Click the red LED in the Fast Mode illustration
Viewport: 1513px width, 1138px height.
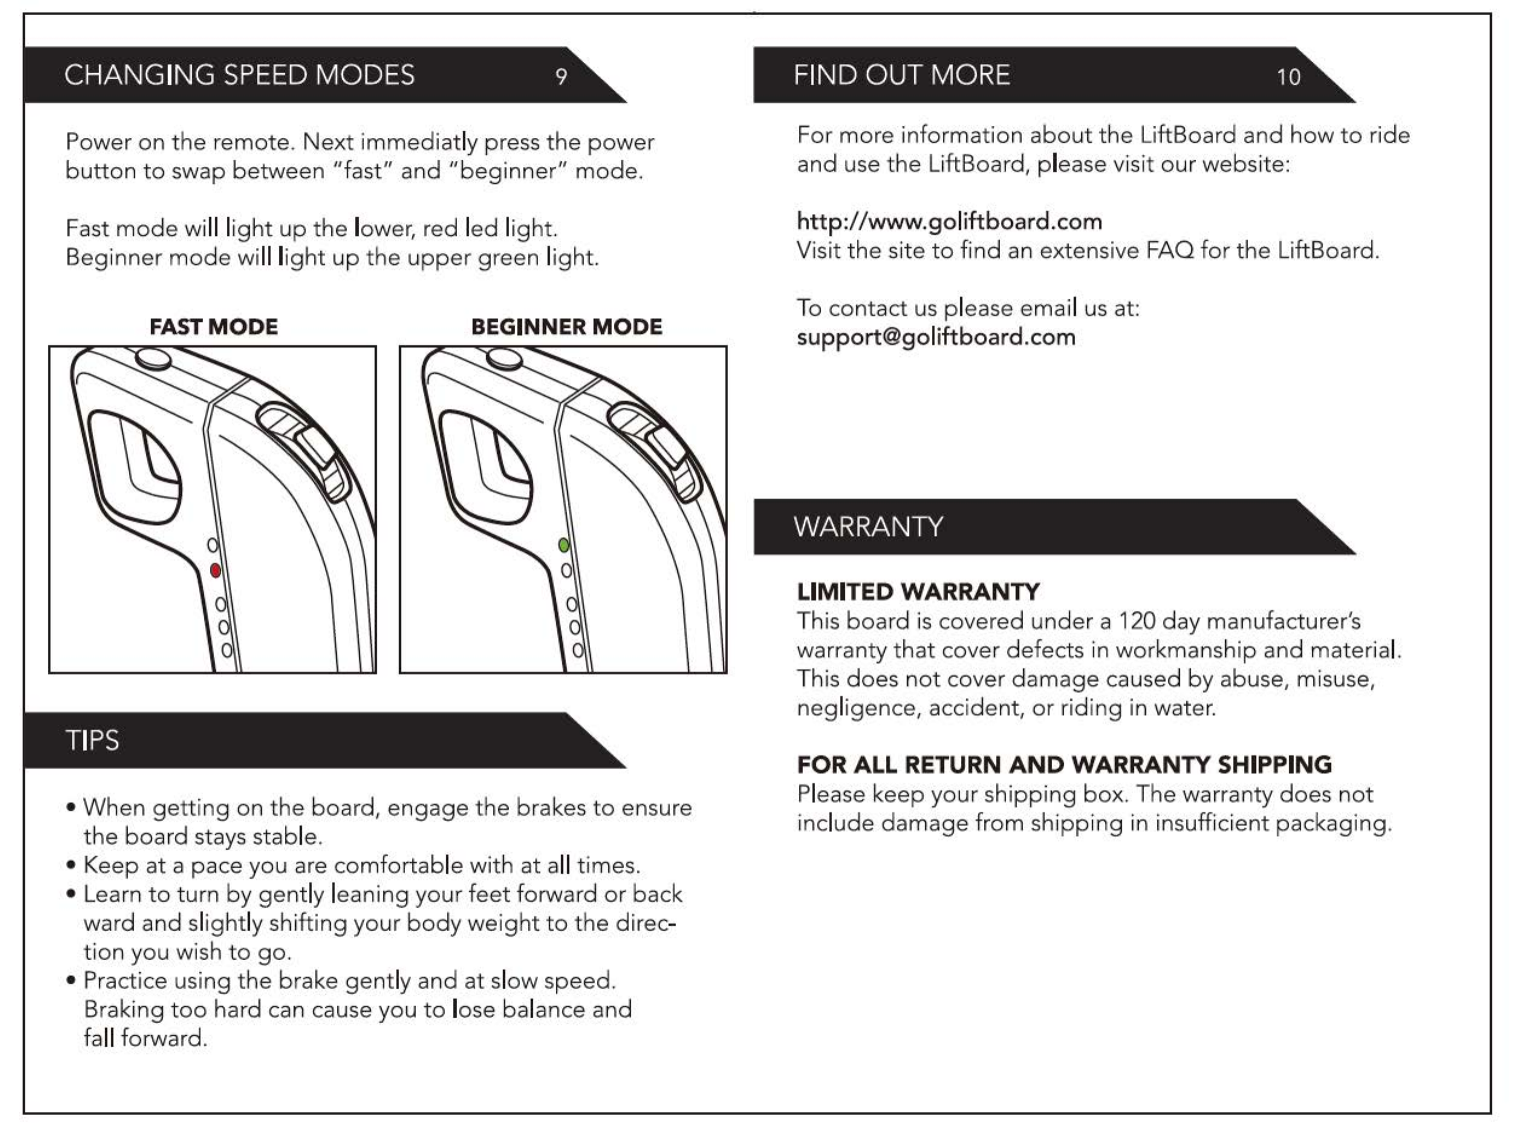(215, 570)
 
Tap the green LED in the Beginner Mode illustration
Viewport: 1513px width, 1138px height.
(564, 545)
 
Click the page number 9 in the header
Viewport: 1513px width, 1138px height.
(561, 76)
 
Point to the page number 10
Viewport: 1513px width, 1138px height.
(1288, 77)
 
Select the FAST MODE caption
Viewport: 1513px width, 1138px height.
(213, 327)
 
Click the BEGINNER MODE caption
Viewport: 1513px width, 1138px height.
(567, 327)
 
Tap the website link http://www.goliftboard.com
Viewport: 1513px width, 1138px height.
(949, 221)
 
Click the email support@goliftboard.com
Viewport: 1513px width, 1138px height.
(935, 337)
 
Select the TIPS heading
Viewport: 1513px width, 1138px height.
(92, 741)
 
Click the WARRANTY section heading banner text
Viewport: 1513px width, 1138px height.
(868, 527)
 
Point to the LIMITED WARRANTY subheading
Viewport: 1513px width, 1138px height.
(918, 591)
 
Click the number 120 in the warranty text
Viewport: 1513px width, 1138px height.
(1136, 621)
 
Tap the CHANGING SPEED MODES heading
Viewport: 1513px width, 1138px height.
(239, 75)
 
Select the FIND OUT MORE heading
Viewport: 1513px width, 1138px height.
(901, 75)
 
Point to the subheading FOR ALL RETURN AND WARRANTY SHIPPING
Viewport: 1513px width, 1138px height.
(1064, 764)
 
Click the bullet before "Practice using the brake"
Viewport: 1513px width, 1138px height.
(71, 980)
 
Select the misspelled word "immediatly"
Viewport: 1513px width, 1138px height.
(418, 142)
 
